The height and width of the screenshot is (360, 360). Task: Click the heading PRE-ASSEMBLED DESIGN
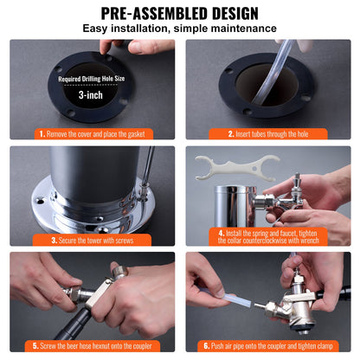click(x=180, y=13)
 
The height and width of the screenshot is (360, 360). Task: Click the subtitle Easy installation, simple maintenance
click(x=180, y=29)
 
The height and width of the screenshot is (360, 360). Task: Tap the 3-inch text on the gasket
click(x=92, y=96)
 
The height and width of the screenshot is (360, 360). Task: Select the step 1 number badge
click(x=42, y=134)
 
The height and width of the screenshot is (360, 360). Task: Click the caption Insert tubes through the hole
click(x=270, y=134)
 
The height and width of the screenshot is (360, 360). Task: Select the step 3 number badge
click(x=54, y=240)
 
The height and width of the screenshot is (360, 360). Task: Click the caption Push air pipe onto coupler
click(x=272, y=345)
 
